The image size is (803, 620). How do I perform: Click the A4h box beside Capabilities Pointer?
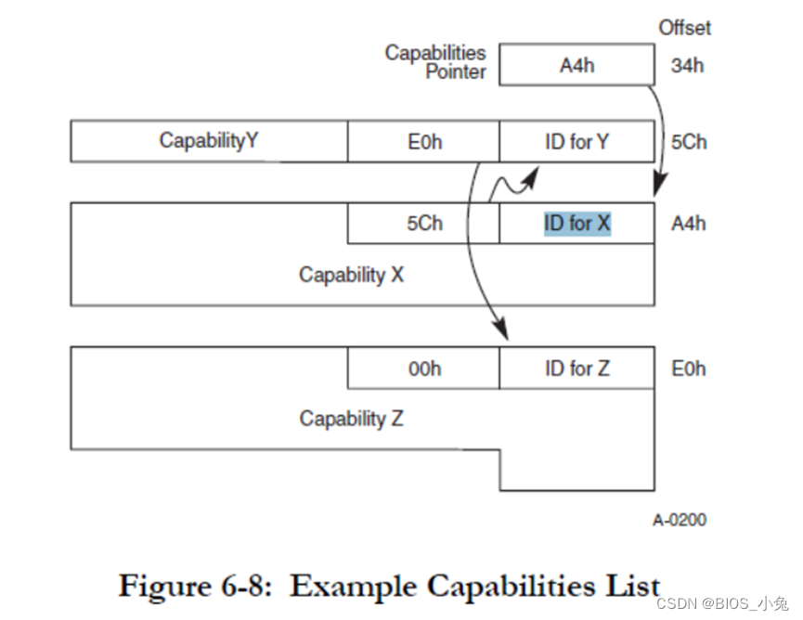tap(576, 66)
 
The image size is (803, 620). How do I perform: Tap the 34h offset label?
tap(688, 66)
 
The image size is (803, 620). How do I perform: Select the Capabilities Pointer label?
tap(435, 61)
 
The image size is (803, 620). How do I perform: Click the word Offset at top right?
tap(684, 28)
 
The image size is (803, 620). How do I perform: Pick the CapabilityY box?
tap(209, 141)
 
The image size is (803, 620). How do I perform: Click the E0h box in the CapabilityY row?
tap(423, 142)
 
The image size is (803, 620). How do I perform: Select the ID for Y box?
tap(576, 142)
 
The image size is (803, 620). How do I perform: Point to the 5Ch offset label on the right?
tap(688, 142)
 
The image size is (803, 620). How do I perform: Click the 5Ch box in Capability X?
tap(423, 224)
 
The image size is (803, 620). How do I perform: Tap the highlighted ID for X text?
tap(576, 224)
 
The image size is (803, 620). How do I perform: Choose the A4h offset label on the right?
tap(688, 224)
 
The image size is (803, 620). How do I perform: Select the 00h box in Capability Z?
tap(423, 368)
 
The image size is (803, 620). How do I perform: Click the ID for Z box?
tap(576, 368)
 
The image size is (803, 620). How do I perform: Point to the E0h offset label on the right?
tap(688, 368)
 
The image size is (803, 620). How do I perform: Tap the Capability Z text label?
tap(351, 419)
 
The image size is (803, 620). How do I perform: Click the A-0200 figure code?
tap(679, 520)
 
